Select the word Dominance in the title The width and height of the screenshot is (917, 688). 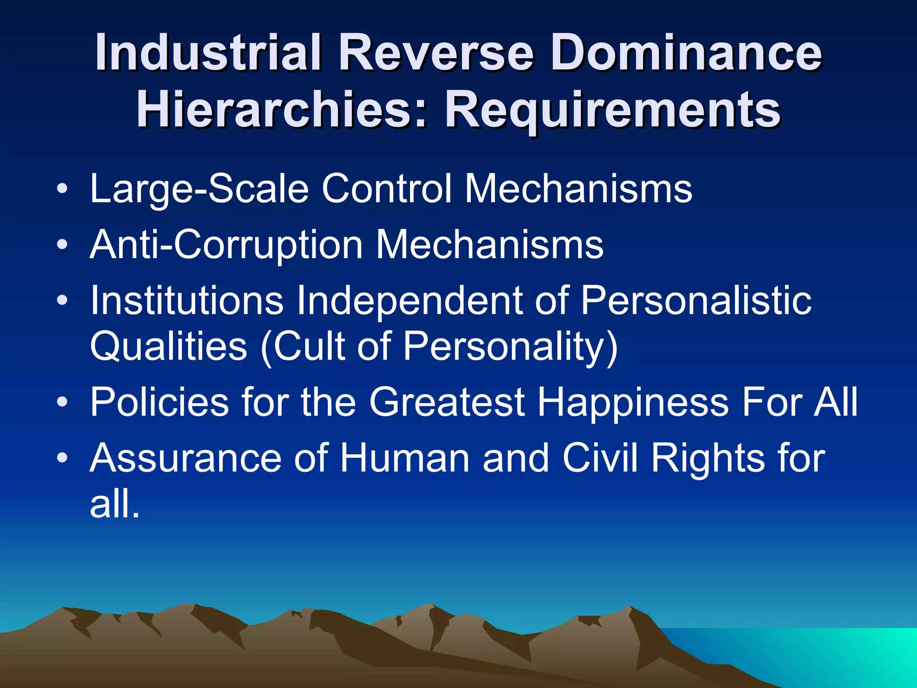[686, 52]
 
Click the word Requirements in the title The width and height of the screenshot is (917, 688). [613, 109]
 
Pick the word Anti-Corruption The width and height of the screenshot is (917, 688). [226, 245]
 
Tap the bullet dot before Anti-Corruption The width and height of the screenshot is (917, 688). [63, 245]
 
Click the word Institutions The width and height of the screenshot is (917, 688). [187, 300]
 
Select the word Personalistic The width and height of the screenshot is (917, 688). [696, 300]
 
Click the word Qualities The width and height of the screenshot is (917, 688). [168, 346]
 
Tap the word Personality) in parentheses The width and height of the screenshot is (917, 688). [510, 347]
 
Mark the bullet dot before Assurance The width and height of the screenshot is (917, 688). [63, 458]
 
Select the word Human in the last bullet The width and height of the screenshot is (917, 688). [404, 458]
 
